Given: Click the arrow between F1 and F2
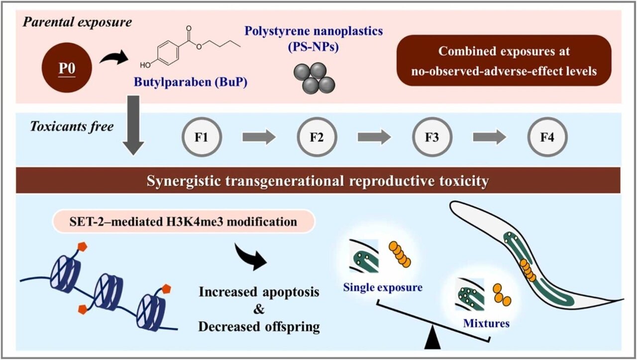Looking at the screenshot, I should tap(259, 136).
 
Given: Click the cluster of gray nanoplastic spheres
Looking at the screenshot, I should tap(312, 75).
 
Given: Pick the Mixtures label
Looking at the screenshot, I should tap(486, 323).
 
